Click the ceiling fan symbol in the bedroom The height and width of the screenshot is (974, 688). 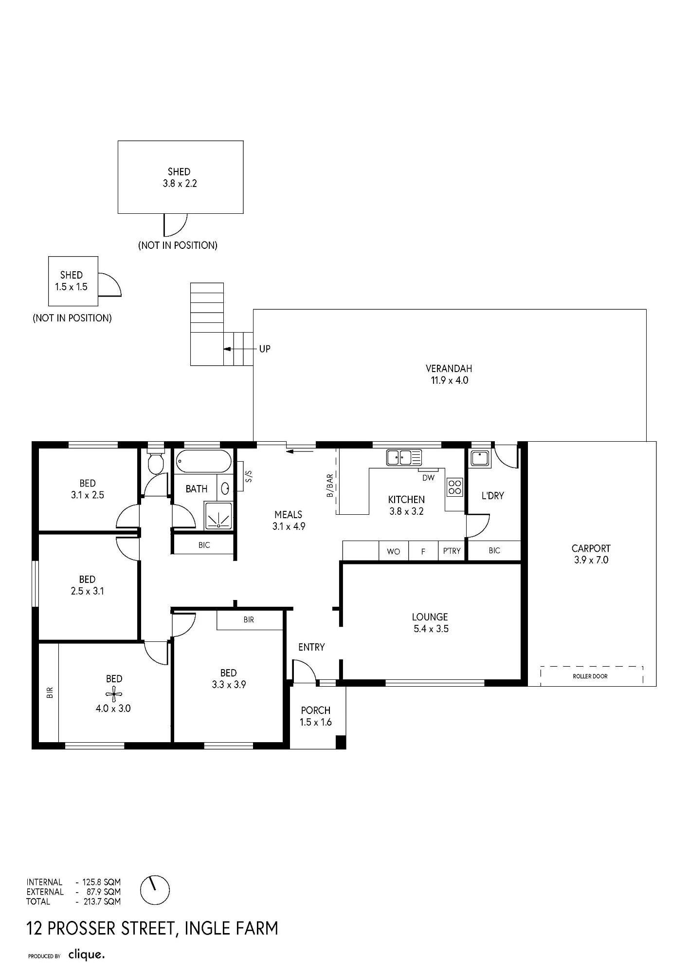[x=113, y=694]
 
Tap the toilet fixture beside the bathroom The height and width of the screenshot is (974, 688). [x=156, y=462]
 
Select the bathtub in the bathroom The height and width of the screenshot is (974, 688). [x=203, y=461]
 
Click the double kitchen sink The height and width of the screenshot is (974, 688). [x=404, y=457]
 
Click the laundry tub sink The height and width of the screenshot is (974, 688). [x=479, y=458]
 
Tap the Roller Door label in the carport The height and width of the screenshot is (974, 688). [x=590, y=676]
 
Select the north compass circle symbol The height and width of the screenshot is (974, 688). [x=155, y=890]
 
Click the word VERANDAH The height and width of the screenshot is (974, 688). [x=449, y=369]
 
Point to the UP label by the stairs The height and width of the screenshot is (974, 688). [x=265, y=349]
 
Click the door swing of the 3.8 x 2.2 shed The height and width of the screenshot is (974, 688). [x=176, y=225]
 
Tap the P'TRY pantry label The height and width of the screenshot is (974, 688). [x=452, y=551]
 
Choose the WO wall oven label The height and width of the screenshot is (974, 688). [x=394, y=551]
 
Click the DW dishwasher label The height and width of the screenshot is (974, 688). [x=428, y=478]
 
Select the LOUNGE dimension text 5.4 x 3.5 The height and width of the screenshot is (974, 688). [x=431, y=629]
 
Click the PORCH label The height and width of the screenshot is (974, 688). [x=316, y=711]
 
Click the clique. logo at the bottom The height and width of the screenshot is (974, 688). [x=87, y=954]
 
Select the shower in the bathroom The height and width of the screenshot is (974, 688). [x=219, y=516]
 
